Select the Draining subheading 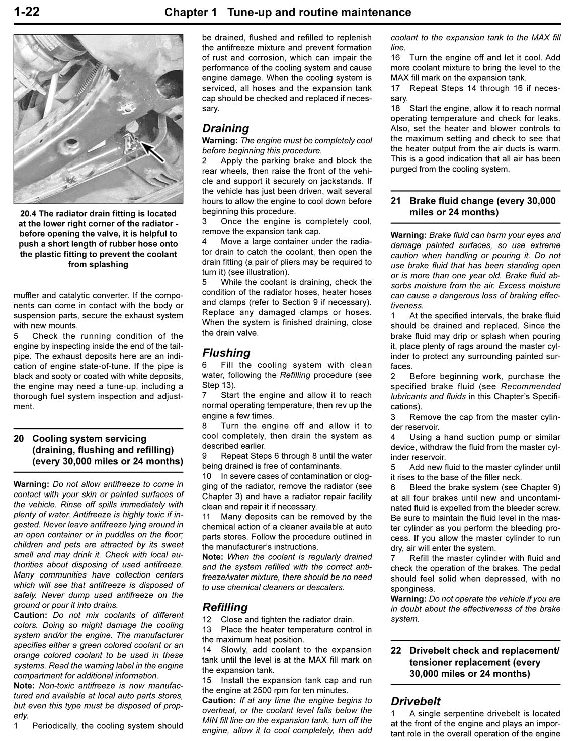[x=225, y=129]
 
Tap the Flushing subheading [x=226, y=353]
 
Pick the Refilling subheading [x=225, y=607]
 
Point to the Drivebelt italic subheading [x=416, y=701]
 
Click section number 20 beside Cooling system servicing [x=19, y=439]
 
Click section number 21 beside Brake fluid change [x=396, y=201]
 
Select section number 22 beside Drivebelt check [x=396, y=651]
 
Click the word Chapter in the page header [x=191, y=12]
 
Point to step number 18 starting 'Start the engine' [x=396, y=108]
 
